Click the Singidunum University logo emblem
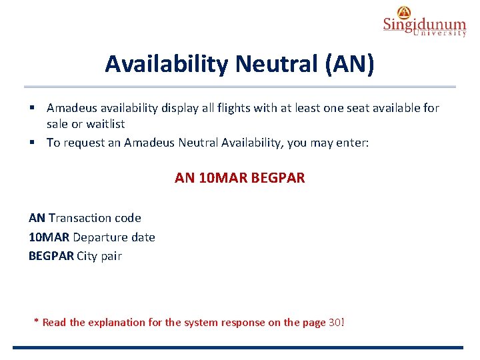click(404, 12)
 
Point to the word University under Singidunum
click(439, 33)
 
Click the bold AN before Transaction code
click(37, 218)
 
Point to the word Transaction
click(80, 218)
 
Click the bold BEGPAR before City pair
click(51, 256)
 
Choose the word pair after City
click(111, 257)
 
